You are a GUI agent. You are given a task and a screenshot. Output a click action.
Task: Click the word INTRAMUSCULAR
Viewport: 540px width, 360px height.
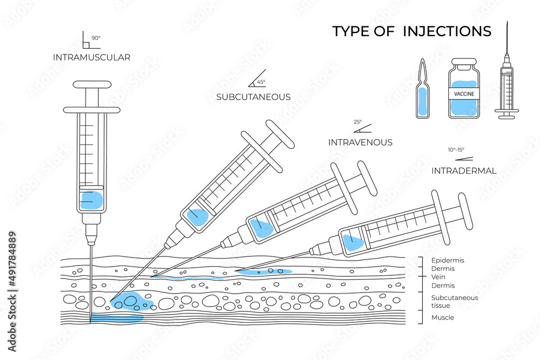(x=91, y=57)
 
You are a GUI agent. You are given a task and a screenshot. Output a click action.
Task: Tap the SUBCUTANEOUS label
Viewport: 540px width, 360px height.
(x=253, y=97)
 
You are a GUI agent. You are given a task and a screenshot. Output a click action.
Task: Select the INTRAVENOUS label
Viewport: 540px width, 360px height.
(x=360, y=142)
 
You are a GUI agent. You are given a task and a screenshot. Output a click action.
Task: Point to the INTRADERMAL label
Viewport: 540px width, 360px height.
(x=464, y=171)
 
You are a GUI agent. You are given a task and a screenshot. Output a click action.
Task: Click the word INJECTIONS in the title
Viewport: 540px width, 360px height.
(x=447, y=31)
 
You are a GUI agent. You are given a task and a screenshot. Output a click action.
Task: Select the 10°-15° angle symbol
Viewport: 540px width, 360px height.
(x=460, y=157)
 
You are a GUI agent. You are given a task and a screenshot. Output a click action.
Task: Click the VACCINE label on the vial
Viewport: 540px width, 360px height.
(x=464, y=94)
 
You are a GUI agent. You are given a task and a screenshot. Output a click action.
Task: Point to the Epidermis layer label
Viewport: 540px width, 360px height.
(x=447, y=260)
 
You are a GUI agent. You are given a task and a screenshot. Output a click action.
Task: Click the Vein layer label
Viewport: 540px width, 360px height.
(x=438, y=277)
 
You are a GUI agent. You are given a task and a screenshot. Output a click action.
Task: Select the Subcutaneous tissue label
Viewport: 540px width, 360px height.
(x=454, y=301)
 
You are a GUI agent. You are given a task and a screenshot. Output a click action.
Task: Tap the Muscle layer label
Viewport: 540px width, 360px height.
(x=442, y=317)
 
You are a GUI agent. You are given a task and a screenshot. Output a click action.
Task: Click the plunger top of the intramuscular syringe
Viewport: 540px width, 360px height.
(x=92, y=84)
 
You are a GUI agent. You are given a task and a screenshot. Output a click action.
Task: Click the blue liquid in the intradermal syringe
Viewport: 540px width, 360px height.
(x=353, y=242)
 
